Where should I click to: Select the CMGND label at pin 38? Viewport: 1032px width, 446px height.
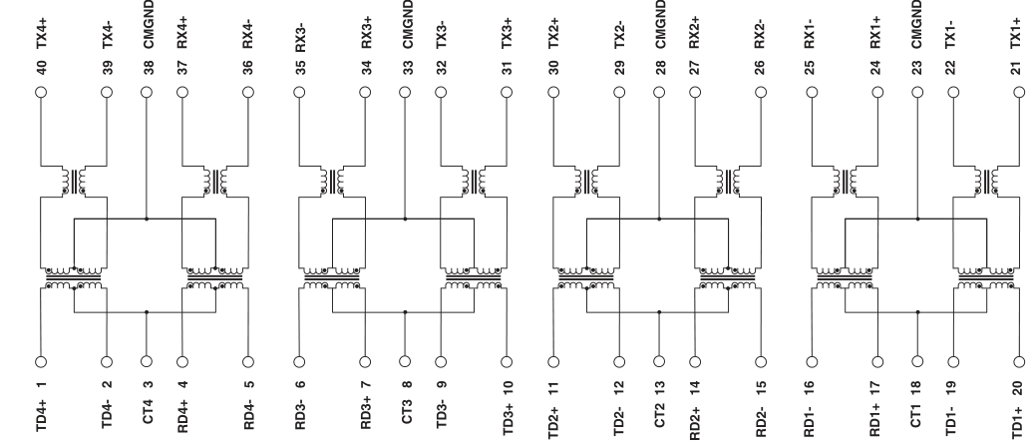(x=148, y=22)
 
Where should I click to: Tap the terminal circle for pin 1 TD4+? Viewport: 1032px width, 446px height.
(x=42, y=362)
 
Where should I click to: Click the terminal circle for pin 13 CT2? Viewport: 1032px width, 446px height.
(x=658, y=362)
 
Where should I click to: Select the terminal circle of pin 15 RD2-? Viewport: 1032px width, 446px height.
(x=762, y=362)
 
